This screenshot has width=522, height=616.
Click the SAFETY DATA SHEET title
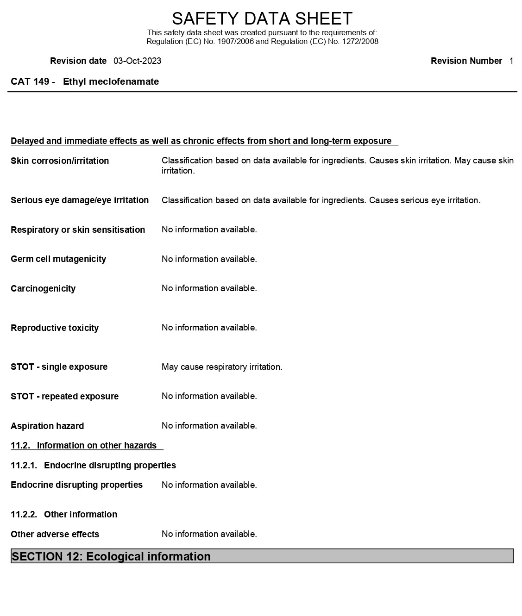[262, 19]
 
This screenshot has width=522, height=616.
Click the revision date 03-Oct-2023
[137, 61]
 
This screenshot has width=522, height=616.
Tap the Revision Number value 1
[511, 61]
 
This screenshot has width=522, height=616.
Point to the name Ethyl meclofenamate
[111, 82]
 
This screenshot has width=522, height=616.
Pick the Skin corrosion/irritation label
[60, 161]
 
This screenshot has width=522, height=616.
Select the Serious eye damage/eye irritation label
[80, 200]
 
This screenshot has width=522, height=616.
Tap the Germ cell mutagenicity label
[58, 259]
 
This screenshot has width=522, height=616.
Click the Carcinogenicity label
[43, 289]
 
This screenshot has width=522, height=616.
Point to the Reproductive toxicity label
[55, 328]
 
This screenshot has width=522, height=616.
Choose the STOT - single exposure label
[59, 367]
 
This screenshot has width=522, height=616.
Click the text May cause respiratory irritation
[222, 367]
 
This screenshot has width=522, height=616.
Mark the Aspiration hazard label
[47, 426]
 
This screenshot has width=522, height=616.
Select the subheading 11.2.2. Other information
[64, 515]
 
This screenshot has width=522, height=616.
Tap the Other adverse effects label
[55, 535]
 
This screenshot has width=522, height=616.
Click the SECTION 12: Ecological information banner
[262, 556]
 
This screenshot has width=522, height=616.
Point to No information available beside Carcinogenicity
[209, 288]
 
